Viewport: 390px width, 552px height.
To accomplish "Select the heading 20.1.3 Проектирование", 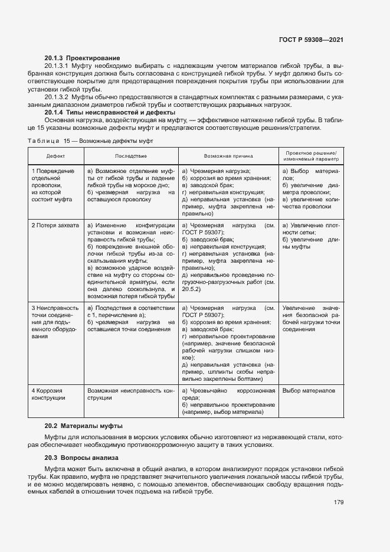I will pyautogui.click(x=82, y=58).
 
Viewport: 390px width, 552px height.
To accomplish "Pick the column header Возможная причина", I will pyautogui.click(x=228, y=156).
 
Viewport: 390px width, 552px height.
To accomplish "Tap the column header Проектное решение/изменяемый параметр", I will pyautogui.click(x=310, y=156).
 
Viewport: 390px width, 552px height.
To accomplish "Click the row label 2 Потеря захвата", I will pyautogui.click(x=55, y=226).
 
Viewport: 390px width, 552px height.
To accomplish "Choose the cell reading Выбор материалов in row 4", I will pyautogui.click(x=309, y=391).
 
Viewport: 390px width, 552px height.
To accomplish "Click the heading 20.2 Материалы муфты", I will pyautogui.click(x=83, y=426).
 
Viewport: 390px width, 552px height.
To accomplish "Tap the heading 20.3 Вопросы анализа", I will pyautogui.click(x=81, y=458).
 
